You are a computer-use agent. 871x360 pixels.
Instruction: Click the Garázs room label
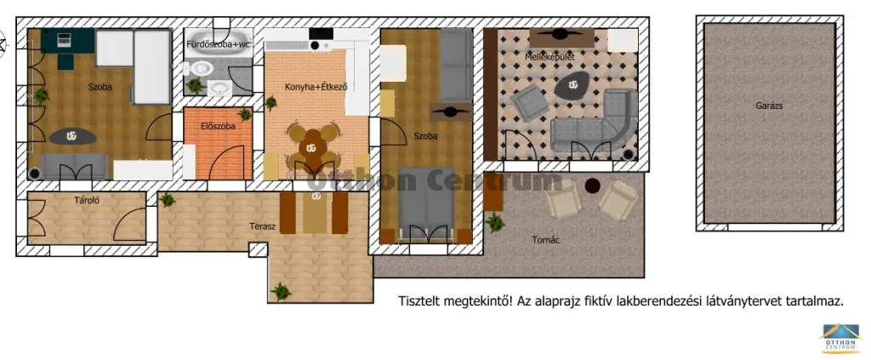tap(769, 106)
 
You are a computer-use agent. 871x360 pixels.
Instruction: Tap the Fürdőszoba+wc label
tap(219, 43)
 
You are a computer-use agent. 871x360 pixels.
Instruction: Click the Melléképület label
tap(549, 57)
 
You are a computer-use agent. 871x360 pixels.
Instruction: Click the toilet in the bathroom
tap(202, 68)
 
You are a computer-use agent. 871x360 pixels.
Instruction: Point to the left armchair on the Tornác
tap(564, 202)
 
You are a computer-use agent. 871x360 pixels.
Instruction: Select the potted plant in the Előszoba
tap(245, 114)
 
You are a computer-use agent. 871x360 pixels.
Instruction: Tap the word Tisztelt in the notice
tap(422, 301)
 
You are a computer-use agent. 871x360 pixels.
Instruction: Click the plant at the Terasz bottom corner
tap(281, 291)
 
